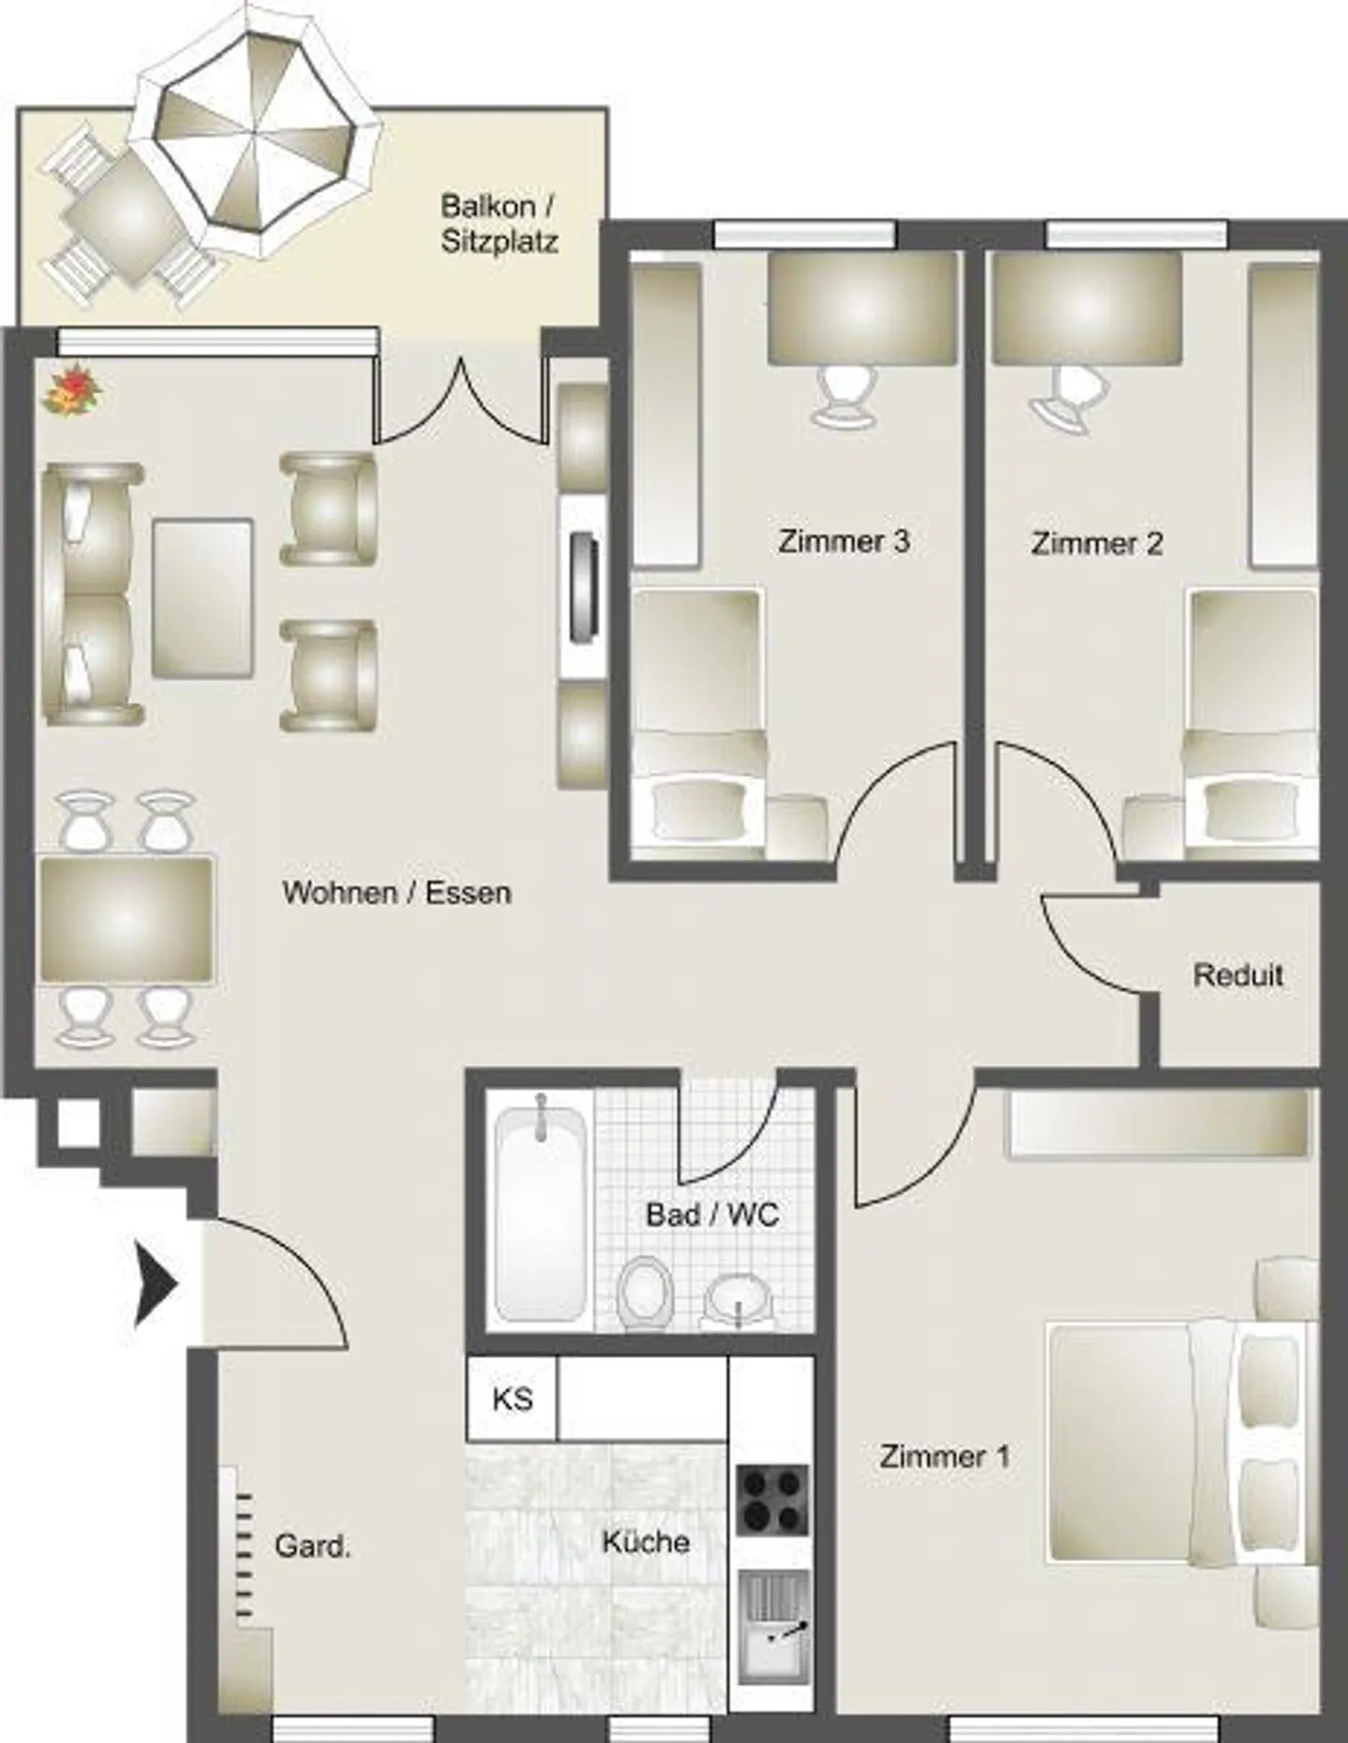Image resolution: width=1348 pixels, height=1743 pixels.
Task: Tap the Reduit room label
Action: pyautogui.click(x=1238, y=975)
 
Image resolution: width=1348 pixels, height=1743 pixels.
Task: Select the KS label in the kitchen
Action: pyautogui.click(x=512, y=1399)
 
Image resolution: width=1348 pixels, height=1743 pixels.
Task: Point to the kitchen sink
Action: pyautogui.click(x=773, y=1627)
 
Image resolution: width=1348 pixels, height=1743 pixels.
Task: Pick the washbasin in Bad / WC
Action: pyautogui.click(x=739, y=1301)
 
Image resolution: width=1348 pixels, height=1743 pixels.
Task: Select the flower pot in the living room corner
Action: pyautogui.click(x=71, y=389)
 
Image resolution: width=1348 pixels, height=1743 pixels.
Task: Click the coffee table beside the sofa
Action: pyautogui.click(x=203, y=598)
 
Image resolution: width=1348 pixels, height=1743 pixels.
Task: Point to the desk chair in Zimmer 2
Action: pyautogui.click(x=1064, y=398)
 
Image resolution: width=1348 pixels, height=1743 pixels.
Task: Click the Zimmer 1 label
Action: pyautogui.click(x=944, y=1457)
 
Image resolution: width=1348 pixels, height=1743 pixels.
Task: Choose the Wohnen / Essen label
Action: pyautogui.click(x=397, y=892)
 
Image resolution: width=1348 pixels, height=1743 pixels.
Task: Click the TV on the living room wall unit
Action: pyautogui.click(x=586, y=587)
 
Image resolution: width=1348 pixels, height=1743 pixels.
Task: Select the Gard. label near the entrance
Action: pyautogui.click(x=313, y=1546)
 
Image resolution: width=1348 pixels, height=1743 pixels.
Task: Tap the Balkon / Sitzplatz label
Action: pyautogui.click(x=499, y=224)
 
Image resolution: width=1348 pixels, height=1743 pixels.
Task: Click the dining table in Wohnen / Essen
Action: pyautogui.click(x=126, y=919)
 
